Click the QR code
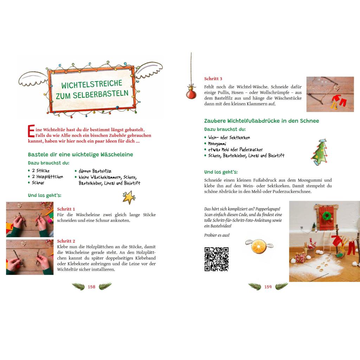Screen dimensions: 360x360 click(217, 259)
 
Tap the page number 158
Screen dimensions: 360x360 click(91, 287)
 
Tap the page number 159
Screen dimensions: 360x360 click(268, 287)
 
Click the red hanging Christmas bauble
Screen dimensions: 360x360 click(191, 92)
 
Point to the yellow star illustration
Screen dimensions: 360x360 click(129, 197)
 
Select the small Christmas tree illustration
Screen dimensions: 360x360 click(320, 152)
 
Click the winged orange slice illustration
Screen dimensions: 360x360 click(259, 246)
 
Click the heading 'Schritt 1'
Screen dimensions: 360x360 click(66, 209)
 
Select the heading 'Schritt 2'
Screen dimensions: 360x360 click(66, 241)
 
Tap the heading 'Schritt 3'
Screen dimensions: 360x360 click(213, 79)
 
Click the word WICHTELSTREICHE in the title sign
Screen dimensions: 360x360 click(92, 84)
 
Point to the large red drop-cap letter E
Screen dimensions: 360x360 click(31, 131)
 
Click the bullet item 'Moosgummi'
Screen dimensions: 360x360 click(217, 144)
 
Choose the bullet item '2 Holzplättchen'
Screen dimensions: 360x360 click(47, 176)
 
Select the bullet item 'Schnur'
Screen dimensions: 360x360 click(38, 183)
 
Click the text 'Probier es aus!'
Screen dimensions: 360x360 click(217, 235)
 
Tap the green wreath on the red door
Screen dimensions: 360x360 click(327, 216)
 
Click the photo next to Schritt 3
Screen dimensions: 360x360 click(330, 94)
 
